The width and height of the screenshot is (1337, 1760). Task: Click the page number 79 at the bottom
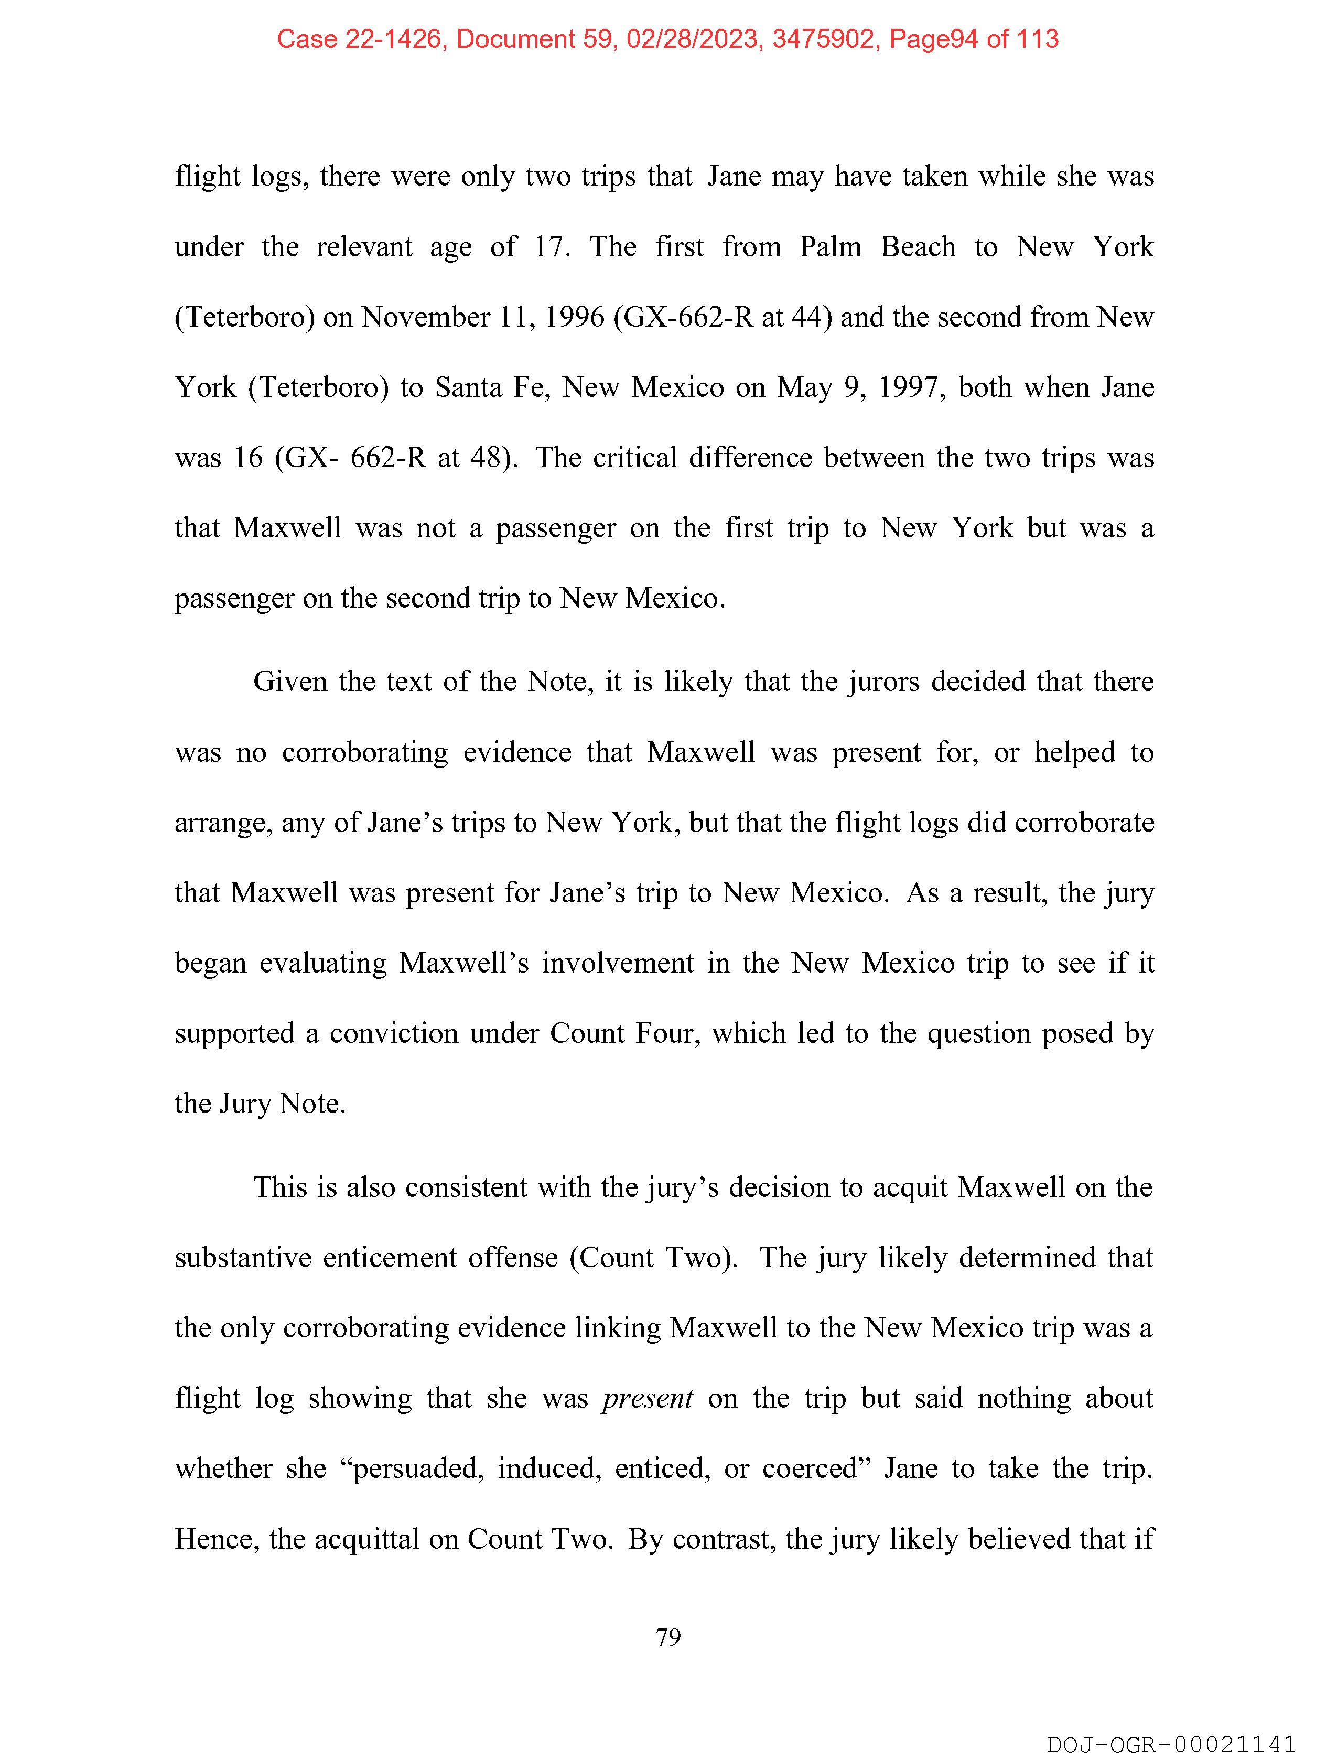667,1637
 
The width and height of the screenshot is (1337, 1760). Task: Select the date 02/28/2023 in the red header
692,39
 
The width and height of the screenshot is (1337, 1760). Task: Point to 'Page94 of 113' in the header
973,39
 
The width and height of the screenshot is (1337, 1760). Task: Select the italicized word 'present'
647,1398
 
